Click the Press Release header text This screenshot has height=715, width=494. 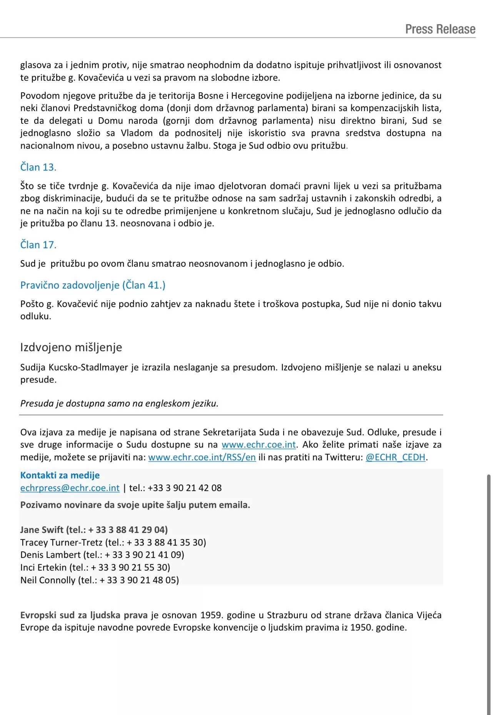coord(440,29)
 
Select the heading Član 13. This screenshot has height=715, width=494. coord(38,167)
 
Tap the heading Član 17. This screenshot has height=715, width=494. coord(38,245)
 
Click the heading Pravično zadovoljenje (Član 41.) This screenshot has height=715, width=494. coord(93,285)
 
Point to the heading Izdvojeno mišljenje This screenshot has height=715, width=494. coord(71,347)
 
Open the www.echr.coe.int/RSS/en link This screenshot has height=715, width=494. coord(202,457)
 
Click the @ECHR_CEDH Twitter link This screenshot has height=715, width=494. coord(396,457)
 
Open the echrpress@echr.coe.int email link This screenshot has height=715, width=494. coord(70,488)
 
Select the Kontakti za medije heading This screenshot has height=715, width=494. coord(60,475)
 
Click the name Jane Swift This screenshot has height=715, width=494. coord(42,530)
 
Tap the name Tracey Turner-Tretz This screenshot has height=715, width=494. coord(61,542)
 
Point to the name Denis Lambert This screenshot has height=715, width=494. coord(50,555)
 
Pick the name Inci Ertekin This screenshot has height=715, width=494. coord(43,567)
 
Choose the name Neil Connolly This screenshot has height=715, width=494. coord(48,580)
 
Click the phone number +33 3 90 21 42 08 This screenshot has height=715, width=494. coord(185,488)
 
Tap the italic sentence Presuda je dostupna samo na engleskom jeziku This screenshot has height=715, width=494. coord(119,403)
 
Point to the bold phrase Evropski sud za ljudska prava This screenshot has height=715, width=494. coord(84,615)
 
